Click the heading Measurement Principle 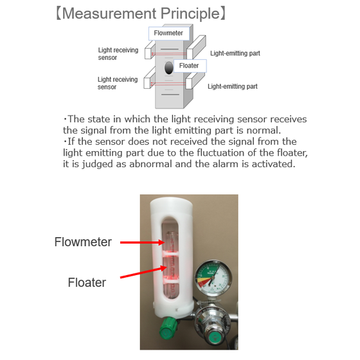tap(141, 14)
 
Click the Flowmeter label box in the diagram tap(168, 33)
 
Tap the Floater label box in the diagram tap(190, 66)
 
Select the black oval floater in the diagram tap(168, 68)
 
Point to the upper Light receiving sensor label tap(118, 54)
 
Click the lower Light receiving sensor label tap(118, 83)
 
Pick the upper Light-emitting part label tap(235, 53)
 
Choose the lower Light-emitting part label tap(233, 86)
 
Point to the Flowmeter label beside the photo tap(83, 242)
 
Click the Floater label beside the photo tap(87, 282)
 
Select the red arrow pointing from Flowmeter tap(142, 242)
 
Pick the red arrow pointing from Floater tap(143, 272)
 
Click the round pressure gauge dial tap(213, 278)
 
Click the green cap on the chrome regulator tap(215, 339)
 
